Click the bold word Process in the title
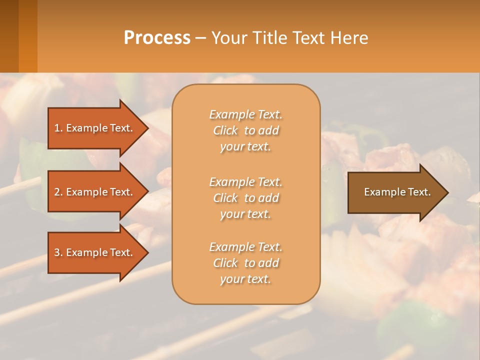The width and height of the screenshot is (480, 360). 157,38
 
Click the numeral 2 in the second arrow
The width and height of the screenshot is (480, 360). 57,192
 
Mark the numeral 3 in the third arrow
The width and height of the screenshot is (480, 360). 57,252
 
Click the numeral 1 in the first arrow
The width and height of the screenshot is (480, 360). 57,128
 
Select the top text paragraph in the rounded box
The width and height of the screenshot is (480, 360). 245,130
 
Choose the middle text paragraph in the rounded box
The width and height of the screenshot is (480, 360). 245,198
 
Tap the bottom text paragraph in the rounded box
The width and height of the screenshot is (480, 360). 245,263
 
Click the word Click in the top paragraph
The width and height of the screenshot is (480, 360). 225,130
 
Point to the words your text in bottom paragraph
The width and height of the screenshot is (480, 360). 245,279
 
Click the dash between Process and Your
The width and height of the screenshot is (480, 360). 200,38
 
